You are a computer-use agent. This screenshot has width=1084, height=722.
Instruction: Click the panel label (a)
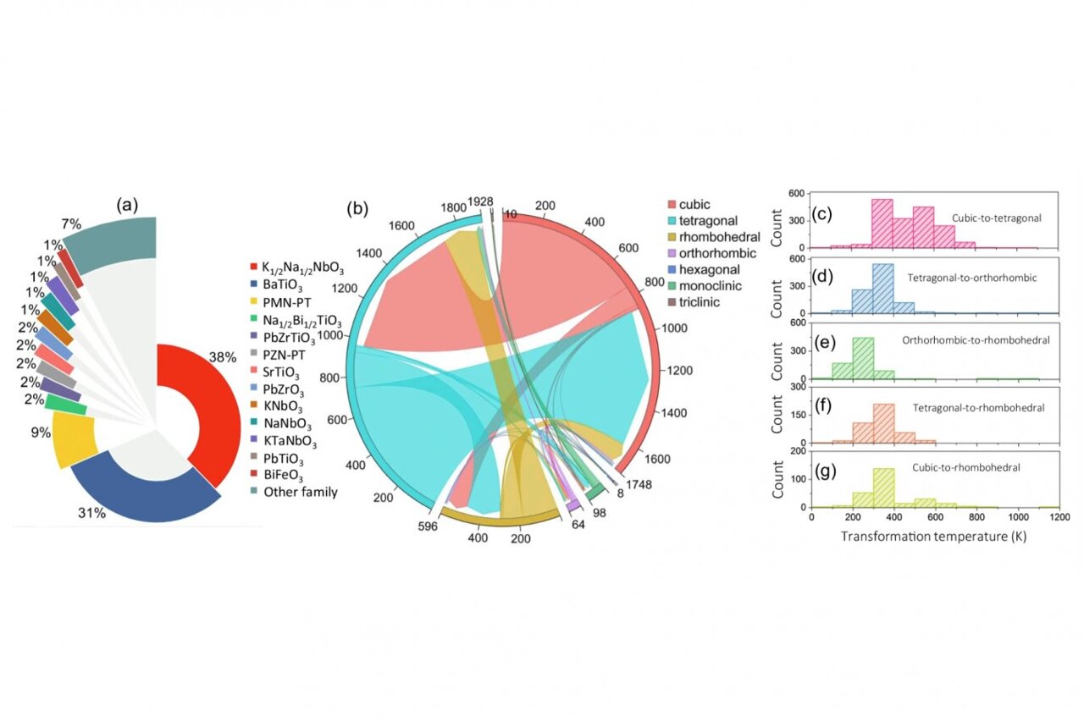[132, 204]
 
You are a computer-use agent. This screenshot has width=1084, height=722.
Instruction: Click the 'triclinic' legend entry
[707, 301]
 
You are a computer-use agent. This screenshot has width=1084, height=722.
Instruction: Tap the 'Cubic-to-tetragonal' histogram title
[996, 218]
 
